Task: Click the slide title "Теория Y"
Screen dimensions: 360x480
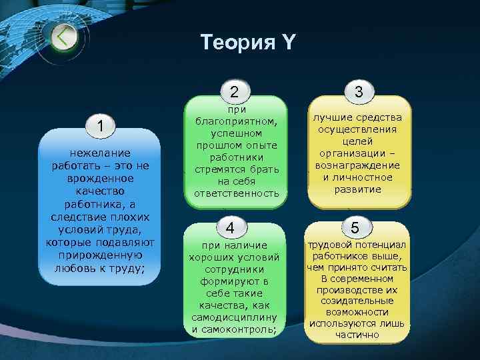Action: click(x=247, y=43)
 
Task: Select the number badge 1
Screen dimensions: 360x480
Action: click(x=99, y=125)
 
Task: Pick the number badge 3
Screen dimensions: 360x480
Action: click(x=359, y=92)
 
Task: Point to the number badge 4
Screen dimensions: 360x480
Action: click(x=230, y=227)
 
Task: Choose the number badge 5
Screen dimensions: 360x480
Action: click(x=355, y=227)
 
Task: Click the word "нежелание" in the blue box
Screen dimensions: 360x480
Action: click(x=99, y=153)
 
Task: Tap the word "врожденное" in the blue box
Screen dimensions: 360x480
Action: click(x=99, y=179)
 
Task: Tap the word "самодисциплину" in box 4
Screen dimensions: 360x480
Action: click(x=230, y=317)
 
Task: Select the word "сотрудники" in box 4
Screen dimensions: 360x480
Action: click(x=230, y=269)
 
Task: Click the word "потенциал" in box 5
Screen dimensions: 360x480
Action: click(x=381, y=243)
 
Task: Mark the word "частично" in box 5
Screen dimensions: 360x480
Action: click(x=357, y=335)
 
